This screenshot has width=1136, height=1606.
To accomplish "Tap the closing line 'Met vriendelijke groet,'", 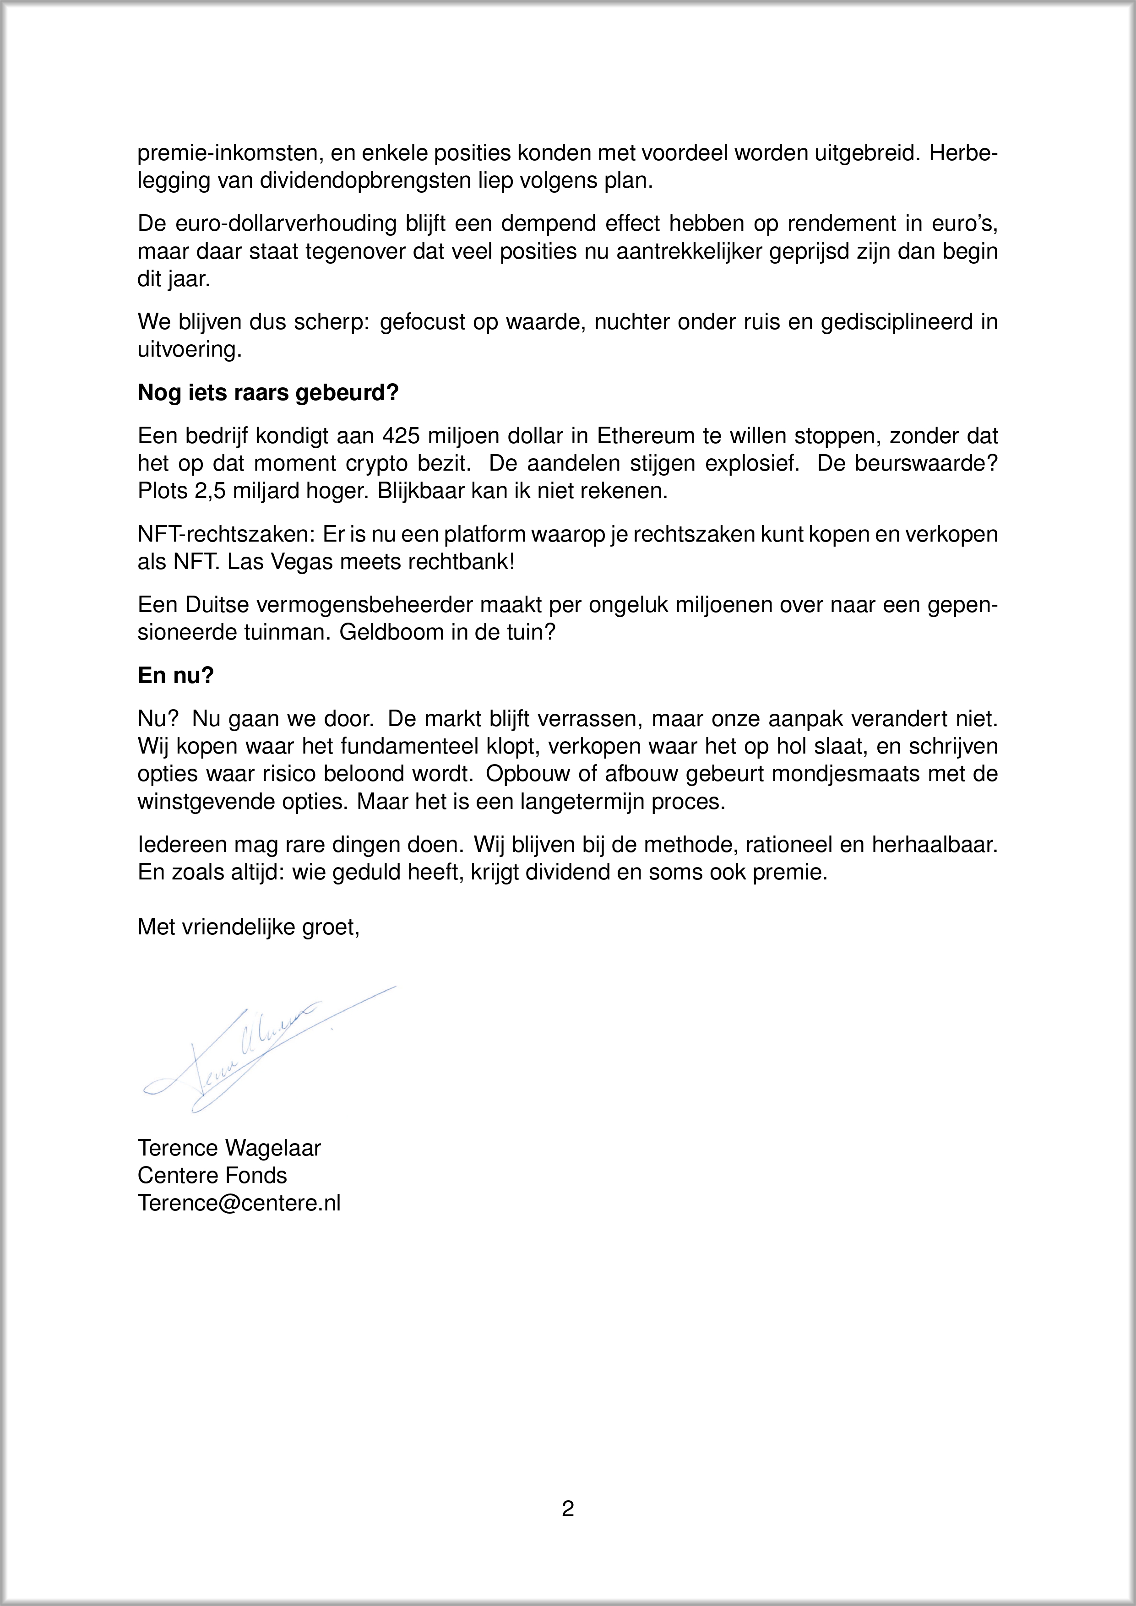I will (x=248, y=928).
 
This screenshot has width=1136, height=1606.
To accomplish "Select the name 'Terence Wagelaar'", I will (x=229, y=1149).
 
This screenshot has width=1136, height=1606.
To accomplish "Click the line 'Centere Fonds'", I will (x=212, y=1176).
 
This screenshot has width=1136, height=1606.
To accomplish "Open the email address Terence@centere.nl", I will (x=239, y=1203).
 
